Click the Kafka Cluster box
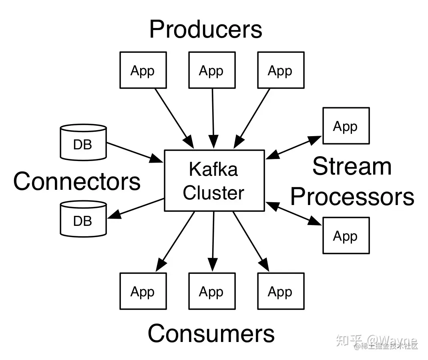tap(214, 181)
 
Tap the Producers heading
tap(206, 29)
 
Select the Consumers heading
tap(211, 333)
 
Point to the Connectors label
tap(77, 181)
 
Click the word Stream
tap(352, 166)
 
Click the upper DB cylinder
tap(83, 142)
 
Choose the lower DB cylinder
tap(83, 218)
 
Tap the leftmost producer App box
tap(143, 70)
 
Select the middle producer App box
tap(212, 70)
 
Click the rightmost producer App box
tap(281, 70)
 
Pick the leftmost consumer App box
tap(143, 291)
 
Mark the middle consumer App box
tap(212, 291)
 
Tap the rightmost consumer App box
tap(281, 291)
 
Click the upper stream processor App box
tap(346, 126)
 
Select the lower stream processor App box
tap(346, 235)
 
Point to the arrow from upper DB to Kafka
tap(134, 152)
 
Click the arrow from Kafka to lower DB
tap(136, 208)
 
